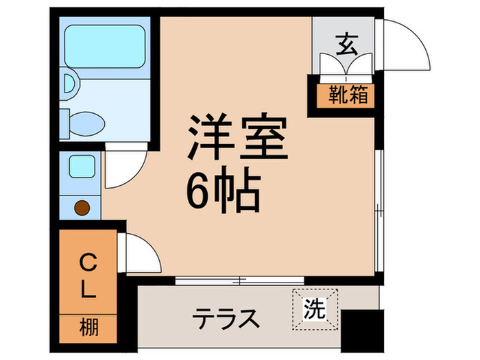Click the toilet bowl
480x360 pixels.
click(86, 124)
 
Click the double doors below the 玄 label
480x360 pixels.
click(346, 66)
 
